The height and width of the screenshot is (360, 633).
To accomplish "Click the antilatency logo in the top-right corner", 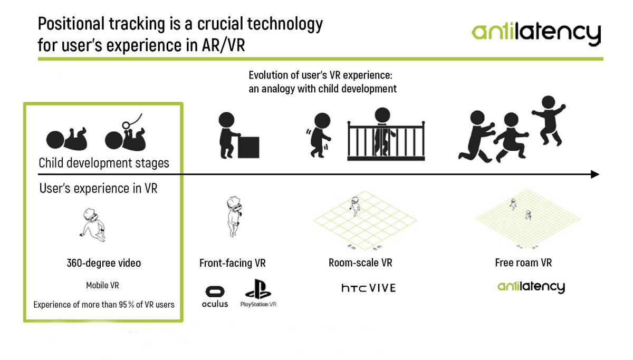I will (x=536, y=33).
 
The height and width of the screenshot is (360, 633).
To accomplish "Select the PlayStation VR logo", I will (x=258, y=294).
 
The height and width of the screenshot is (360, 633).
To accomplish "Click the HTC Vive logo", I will (x=368, y=288).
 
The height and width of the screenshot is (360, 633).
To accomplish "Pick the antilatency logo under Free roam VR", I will (x=531, y=287).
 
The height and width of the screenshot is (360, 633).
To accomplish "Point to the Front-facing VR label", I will (x=233, y=262).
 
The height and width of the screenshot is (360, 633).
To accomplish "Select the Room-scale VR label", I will (x=360, y=262).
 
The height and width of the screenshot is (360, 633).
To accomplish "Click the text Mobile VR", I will (x=102, y=285).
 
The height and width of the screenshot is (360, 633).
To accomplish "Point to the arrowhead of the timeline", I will (x=595, y=174).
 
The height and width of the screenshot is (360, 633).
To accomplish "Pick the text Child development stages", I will (x=104, y=163).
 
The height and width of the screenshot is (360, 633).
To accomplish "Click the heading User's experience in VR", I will (x=98, y=188).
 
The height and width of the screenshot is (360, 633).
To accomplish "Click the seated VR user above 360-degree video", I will (x=93, y=225).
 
